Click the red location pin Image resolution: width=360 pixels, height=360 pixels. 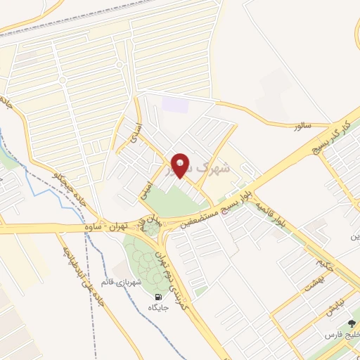tap(181, 165)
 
